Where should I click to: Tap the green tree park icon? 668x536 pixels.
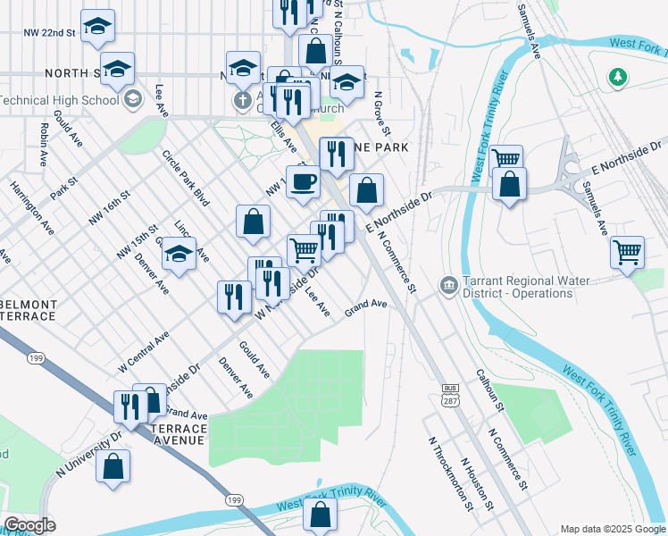[616, 78]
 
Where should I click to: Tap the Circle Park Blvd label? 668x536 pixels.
[185, 178]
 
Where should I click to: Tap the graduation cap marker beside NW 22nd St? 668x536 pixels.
[97, 27]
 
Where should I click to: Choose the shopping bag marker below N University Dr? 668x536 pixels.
[113, 466]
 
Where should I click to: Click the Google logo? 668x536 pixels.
[29, 525]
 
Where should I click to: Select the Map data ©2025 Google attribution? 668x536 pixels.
[612, 527]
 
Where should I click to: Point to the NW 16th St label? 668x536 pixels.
[109, 206]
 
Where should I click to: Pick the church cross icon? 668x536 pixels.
[242, 99]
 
